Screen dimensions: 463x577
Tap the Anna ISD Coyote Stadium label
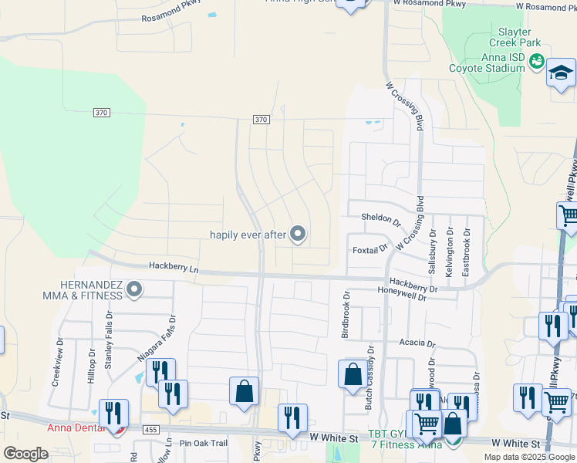pos(487,62)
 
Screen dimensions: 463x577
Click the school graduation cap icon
pos(561,75)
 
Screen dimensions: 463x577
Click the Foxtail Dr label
pos(369,249)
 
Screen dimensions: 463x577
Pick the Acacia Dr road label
pos(417,343)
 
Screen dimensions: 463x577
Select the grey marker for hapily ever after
pos(298,235)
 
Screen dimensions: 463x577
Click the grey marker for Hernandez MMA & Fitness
pos(134,290)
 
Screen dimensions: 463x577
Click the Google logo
pos(25,454)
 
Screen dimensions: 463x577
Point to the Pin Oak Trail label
pos(204,443)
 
